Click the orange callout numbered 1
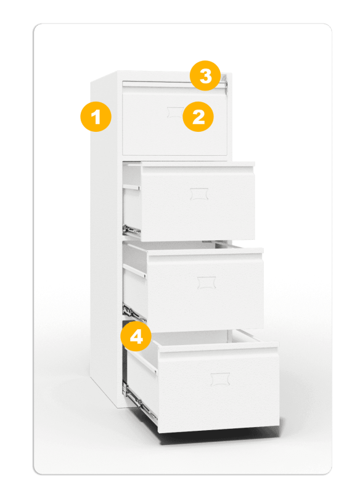(96, 116)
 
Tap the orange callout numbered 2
(198, 116)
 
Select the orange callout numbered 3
(205, 76)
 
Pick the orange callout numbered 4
(136, 336)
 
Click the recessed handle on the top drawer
(175, 112)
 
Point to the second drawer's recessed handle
(199, 194)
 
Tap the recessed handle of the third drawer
(207, 283)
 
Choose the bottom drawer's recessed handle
(221, 379)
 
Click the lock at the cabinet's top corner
(224, 81)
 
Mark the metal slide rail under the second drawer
(132, 230)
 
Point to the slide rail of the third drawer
(134, 313)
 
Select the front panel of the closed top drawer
(175, 121)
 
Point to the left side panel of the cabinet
(104, 239)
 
